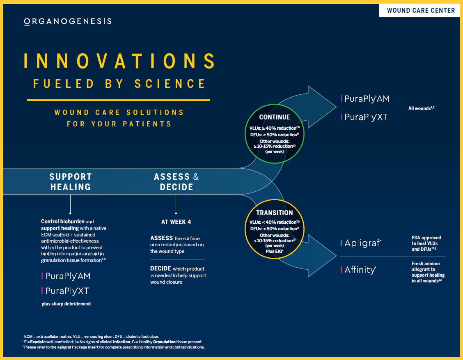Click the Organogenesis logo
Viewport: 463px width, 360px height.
tap(68, 22)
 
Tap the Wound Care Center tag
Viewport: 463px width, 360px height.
tap(420, 10)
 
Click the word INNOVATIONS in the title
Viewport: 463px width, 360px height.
tap(119, 61)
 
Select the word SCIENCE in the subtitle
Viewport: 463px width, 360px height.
tap(170, 84)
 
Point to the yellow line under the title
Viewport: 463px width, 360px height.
tap(118, 100)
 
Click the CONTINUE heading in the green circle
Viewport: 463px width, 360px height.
tap(275, 117)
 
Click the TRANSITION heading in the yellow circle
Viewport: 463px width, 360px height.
tap(275, 213)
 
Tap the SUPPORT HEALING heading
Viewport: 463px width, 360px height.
tap(71, 181)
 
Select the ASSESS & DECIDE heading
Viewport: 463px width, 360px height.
tap(176, 181)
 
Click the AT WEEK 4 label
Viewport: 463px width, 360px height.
tap(176, 222)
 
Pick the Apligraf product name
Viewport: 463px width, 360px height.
tap(363, 243)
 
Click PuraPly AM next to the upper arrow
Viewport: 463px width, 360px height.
tap(367, 99)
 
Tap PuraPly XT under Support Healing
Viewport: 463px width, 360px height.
tap(67, 291)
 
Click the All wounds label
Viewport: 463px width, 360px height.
tap(422, 108)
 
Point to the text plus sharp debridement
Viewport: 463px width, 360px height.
tap(66, 304)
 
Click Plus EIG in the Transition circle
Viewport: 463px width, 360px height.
tap(274, 251)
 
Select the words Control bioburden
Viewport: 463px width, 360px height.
tap(63, 222)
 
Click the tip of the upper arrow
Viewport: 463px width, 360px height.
tap(336, 107)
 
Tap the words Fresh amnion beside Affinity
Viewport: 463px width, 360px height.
tap(426, 264)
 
